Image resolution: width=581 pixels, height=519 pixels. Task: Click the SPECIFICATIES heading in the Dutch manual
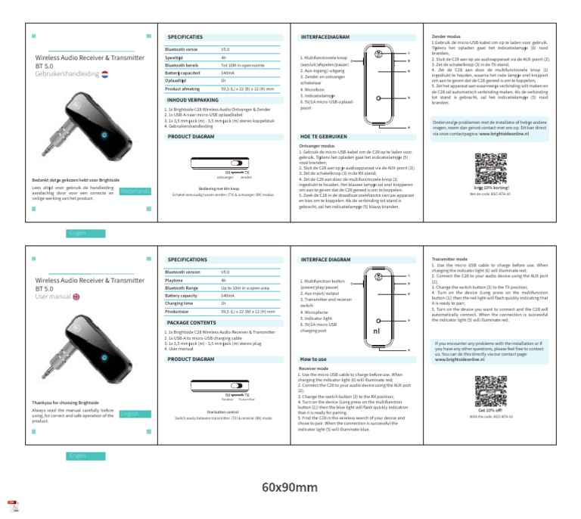185,36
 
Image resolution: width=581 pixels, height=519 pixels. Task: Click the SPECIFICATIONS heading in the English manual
188,259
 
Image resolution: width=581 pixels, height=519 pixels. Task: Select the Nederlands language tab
135,191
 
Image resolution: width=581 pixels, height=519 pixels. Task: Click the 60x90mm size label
290,486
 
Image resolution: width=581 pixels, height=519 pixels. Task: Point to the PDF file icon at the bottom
13,505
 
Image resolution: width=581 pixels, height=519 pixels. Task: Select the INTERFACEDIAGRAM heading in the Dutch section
325,36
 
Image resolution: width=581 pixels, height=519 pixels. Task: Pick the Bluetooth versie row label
181,48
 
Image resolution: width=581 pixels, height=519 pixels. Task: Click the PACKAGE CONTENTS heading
191,322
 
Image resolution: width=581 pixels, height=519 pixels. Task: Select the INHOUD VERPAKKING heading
192,100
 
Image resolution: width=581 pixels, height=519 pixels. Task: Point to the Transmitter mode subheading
452,259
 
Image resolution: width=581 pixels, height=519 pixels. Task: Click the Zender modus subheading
446,36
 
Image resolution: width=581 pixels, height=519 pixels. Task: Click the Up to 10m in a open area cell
245,287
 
